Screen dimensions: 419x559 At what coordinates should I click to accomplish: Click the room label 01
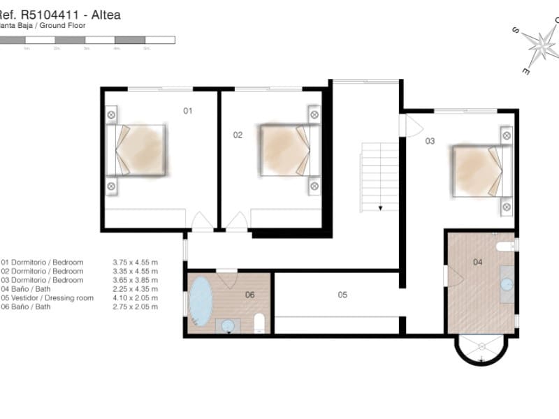(187, 110)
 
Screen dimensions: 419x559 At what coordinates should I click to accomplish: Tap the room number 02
(238, 135)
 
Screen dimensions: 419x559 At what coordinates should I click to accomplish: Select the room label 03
(430, 141)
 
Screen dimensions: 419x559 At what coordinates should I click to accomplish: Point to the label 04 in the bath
(478, 263)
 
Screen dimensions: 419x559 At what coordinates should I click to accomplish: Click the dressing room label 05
(342, 295)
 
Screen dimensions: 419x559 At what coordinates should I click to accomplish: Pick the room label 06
(249, 295)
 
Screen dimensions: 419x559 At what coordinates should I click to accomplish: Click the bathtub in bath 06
(201, 302)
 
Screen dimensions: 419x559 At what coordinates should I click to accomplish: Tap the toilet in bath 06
(259, 322)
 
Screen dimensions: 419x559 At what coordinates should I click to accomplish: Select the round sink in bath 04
(507, 284)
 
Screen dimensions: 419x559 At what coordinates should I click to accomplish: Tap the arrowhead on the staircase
(379, 207)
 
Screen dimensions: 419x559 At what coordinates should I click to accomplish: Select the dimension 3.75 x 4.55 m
(135, 262)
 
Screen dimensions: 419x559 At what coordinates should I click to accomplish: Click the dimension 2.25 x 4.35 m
(135, 288)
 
